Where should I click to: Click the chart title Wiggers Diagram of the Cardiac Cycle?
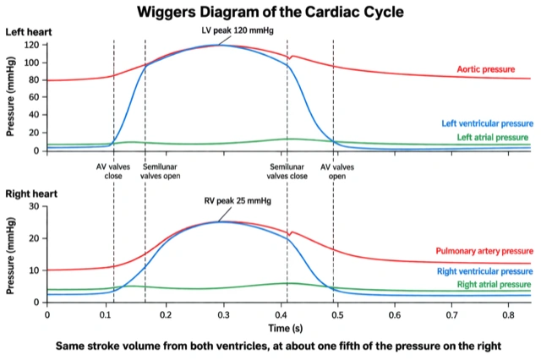(270, 12)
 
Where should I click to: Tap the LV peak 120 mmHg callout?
(238, 30)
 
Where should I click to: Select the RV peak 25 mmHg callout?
(238, 200)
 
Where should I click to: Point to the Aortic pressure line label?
(486, 69)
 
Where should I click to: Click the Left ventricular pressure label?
(487, 123)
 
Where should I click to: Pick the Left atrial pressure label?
(493, 137)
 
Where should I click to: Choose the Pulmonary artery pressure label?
(484, 251)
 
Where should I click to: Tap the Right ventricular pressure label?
(484, 271)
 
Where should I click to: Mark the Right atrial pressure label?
(494, 285)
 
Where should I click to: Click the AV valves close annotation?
(113, 172)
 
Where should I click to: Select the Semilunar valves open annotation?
(160, 172)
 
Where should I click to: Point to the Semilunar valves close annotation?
(287, 172)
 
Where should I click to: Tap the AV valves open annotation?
(337, 172)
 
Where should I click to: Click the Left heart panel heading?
(29, 32)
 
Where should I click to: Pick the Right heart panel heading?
(31, 194)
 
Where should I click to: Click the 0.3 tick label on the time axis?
(223, 315)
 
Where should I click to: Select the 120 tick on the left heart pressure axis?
(31, 45)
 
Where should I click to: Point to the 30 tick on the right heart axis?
(34, 206)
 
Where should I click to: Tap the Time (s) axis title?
(286, 328)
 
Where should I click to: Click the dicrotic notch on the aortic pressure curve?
(290, 58)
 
